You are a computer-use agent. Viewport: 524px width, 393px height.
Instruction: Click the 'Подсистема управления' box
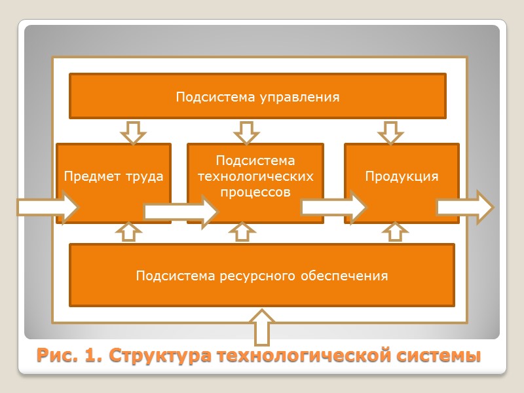tap(257, 97)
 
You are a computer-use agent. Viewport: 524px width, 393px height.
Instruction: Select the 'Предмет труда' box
tap(113, 164)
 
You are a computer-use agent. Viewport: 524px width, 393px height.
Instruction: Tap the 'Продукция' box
tap(402, 164)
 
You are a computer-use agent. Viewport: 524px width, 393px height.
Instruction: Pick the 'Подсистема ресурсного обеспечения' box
tap(262, 275)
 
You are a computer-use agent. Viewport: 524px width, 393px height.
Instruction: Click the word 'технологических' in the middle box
tap(255, 177)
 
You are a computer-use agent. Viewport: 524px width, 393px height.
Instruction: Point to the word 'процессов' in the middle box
tap(255, 193)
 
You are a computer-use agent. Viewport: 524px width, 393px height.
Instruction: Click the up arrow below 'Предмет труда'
tap(128, 232)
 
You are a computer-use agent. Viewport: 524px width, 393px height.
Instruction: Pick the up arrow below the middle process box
tap(244, 232)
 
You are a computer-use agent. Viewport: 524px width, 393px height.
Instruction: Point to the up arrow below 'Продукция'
tap(395, 232)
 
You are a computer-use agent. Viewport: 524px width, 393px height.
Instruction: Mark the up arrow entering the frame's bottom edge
tap(265, 327)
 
